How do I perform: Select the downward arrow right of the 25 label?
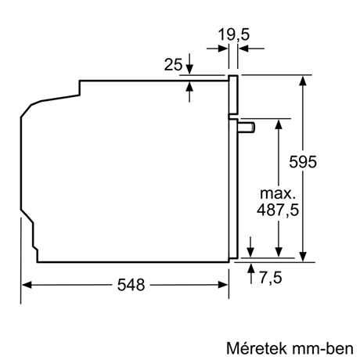(x=189, y=68)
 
